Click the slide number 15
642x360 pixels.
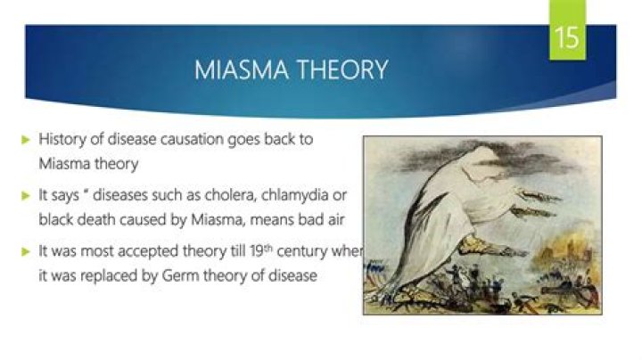click(x=567, y=38)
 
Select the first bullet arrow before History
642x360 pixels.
click(x=26, y=141)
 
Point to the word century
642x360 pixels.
click(x=306, y=253)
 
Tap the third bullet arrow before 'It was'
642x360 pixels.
click(x=26, y=253)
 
